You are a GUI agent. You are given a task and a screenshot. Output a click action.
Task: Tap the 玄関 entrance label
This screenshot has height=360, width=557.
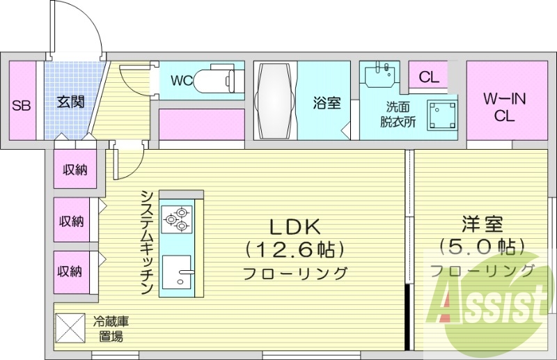(70, 102)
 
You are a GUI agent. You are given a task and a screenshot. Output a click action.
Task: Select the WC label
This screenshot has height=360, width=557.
(182, 81)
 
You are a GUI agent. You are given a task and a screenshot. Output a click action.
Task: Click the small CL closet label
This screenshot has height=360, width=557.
(429, 77)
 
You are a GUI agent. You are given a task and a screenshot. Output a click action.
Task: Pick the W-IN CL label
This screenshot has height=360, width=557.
(505, 107)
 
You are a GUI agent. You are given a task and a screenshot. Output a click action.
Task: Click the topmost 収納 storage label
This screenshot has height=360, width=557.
(74, 169)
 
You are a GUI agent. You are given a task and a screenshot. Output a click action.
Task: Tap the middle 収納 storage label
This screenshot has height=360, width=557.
(71, 221)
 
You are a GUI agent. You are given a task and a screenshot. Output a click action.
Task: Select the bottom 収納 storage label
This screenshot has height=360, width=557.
(71, 271)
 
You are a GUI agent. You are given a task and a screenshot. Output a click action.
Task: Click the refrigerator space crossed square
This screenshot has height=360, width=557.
(69, 327)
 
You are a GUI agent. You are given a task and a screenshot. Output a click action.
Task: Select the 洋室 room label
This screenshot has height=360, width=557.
(481, 224)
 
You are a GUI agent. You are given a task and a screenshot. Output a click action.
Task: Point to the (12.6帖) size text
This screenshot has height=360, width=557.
(295, 249)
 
